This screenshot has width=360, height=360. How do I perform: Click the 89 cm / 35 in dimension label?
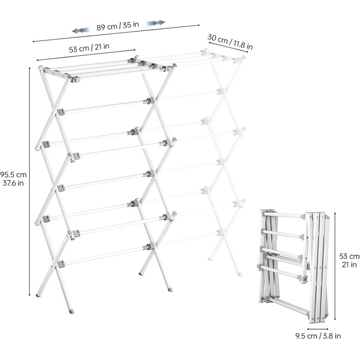coord(118,26)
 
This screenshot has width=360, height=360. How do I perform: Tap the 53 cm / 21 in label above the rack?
coord(89,48)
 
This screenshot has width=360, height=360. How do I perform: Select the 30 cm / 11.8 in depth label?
coord(230,42)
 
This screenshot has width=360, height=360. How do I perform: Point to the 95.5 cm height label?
coord(13,175)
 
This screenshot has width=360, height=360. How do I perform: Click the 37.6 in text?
coord(13,183)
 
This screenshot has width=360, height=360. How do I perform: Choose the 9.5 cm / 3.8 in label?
coord(318,336)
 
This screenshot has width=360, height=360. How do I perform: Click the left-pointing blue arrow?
coord(81,30)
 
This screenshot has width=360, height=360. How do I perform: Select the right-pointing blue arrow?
coord(156,23)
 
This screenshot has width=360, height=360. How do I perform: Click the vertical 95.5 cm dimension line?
coord(30,182)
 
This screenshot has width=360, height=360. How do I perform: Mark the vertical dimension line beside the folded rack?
coord(335,266)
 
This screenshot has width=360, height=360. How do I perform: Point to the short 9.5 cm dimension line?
coord(318,329)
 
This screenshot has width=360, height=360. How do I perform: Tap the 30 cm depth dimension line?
coord(228,47)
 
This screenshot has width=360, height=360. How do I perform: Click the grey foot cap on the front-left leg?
coord(71,312)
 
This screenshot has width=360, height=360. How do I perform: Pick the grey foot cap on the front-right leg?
coord(170,289)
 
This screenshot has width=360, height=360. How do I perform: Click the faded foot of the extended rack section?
coord(240,274)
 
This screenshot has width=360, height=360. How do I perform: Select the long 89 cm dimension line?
coord(116,33)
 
